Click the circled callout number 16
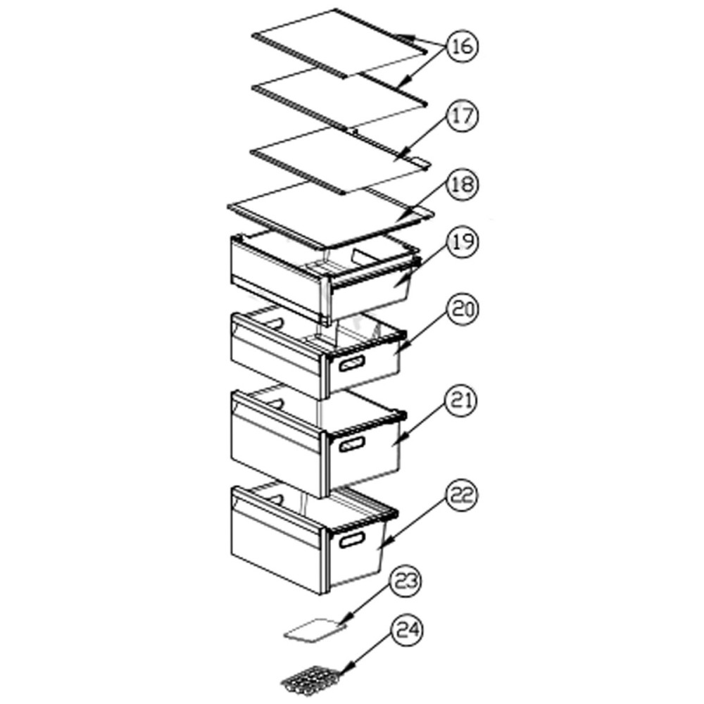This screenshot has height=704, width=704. pos(463,46)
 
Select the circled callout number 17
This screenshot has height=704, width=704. pos(463,116)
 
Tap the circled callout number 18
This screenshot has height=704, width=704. pos(463,184)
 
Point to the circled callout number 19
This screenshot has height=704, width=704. pos(463,241)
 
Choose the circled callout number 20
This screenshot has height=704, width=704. pos(463,310)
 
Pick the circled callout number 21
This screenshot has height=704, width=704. pos(463,401)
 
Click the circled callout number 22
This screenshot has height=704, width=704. pos(463,496)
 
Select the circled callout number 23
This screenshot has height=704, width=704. pos(406,581)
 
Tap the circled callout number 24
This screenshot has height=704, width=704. pos(407,630)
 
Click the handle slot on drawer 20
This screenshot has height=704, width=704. pos(352,363)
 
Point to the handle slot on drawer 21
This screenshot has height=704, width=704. pos(352,444)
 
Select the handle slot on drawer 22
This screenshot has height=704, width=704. pos(352,540)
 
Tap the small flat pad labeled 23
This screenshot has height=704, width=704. pos(316,629)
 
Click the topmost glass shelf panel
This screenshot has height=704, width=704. pos(340,43)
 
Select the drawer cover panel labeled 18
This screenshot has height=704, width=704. pos(330,215)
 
